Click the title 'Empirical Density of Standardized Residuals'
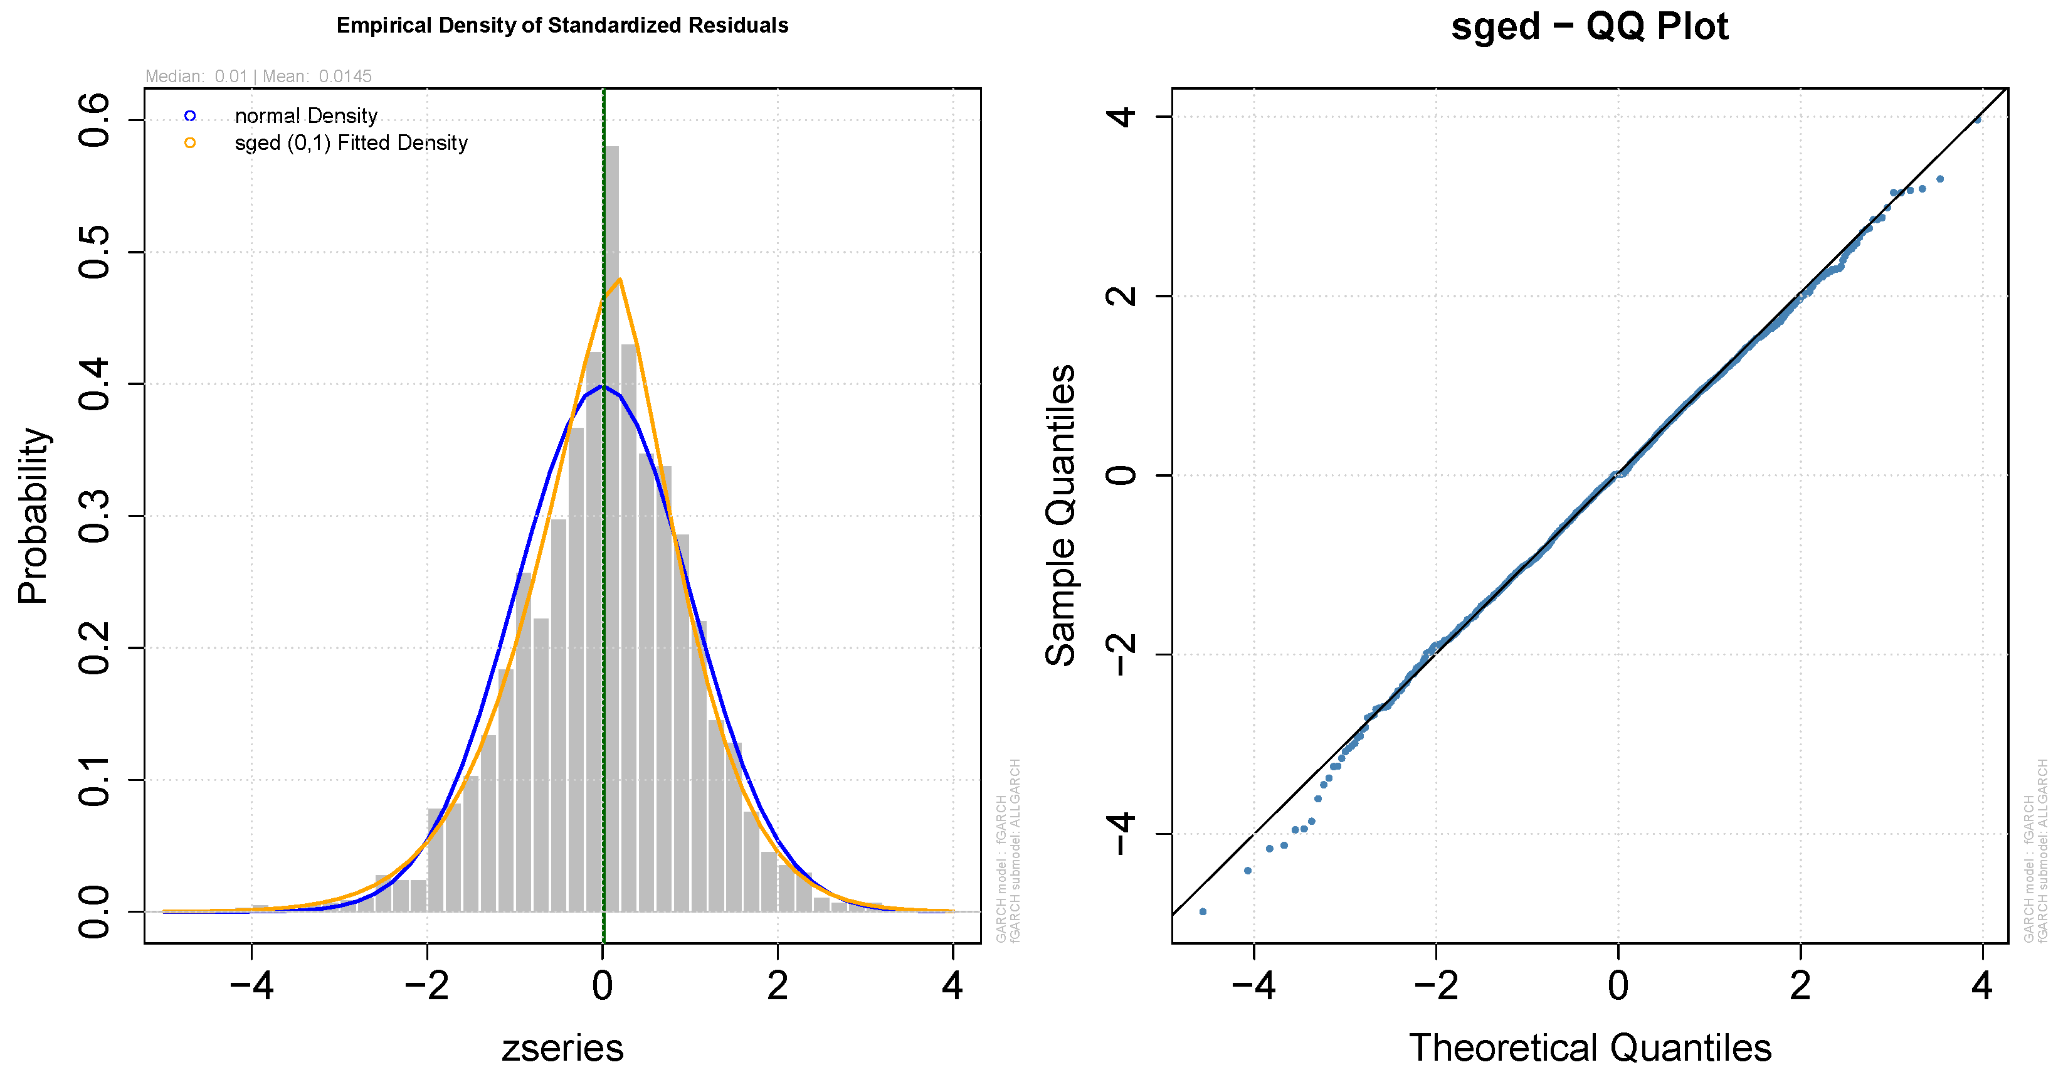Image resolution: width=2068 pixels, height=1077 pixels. (562, 26)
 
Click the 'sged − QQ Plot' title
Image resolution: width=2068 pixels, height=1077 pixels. (1589, 26)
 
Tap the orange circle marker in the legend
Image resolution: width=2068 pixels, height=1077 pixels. (189, 143)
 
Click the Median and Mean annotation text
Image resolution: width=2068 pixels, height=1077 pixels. (258, 77)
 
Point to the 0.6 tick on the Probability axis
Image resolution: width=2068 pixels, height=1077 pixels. (95, 120)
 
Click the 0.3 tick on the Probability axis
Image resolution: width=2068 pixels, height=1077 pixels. (95, 516)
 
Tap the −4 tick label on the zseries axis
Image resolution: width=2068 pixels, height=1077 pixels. (251, 985)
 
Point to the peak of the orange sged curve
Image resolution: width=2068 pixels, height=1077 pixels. (620, 280)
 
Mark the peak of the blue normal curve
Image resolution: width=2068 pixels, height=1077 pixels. (602, 386)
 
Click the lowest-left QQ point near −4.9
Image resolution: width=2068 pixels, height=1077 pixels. (1203, 911)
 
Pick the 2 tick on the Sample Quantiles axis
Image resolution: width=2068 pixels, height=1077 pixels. (1122, 295)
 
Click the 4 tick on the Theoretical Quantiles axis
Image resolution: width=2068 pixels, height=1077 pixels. (1982, 985)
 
